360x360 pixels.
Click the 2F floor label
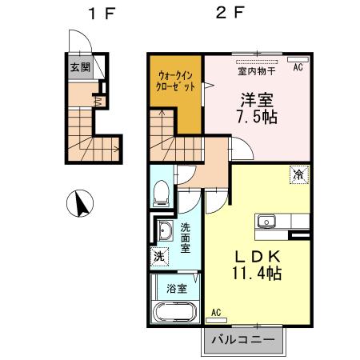(x=227, y=14)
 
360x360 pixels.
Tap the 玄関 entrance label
(x=78, y=67)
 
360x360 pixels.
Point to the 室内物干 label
(x=257, y=70)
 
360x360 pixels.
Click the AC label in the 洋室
(x=298, y=67)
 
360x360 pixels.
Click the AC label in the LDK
(x=216, y=312)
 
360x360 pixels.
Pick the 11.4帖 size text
(x=257, y=273)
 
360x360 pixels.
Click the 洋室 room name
(x=256, y=99)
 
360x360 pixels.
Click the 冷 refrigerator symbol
(x=297, y=173)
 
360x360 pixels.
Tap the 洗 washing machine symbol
(x=158, y=258)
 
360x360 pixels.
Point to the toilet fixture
(x=160, y=192)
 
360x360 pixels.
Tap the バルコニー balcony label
(x=243, y=340)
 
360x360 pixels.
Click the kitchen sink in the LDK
(x=266, y=222)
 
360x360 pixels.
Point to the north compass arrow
(x=82, y=205)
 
